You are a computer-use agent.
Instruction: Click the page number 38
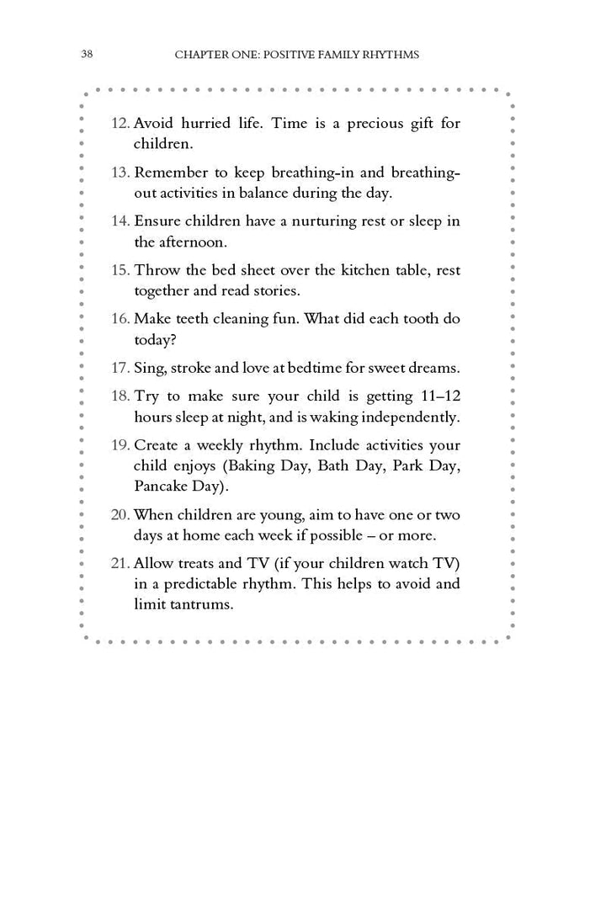(87, 55)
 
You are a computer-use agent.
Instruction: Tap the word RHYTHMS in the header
(389, 55)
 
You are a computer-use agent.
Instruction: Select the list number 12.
(120, 124)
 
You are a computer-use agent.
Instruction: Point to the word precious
(366, 124)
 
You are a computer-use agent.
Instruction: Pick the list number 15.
(120, 271)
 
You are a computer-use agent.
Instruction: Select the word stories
(275, 291)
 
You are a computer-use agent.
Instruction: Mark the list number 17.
(120, 369)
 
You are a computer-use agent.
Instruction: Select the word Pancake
(160, 486)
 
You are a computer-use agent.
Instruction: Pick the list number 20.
(120, 515)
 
